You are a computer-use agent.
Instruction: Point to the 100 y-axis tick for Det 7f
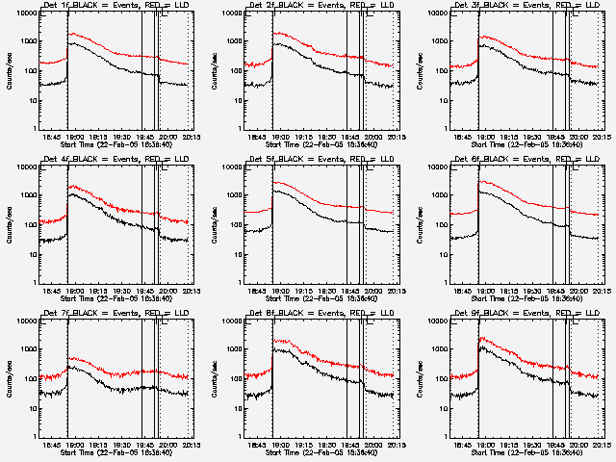[x=31, y=378]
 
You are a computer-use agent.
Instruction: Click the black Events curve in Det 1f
[x=106, y=62]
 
